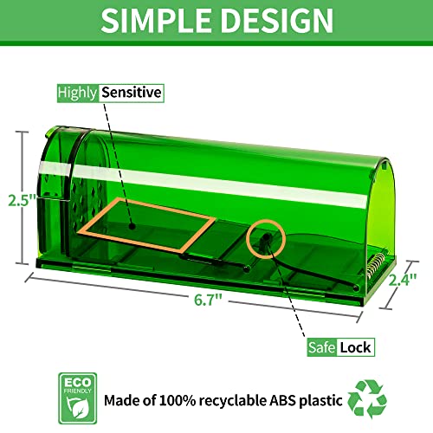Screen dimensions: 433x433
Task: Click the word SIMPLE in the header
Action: [x=156, y=20]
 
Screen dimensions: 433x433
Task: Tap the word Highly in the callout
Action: [x=77, y=94]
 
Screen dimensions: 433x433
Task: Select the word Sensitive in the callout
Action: [x=132, y=93]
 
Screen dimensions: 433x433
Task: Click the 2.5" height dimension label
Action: [x=23, y=200]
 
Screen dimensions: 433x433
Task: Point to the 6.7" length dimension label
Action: [x=208, y=300]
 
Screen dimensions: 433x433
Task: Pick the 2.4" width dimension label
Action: [x=403, y=280]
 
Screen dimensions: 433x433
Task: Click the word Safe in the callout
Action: [x=321, y=347]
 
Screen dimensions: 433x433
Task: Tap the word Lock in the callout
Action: [x=355, y=347]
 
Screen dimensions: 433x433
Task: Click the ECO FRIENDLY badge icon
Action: [x=78, y=398]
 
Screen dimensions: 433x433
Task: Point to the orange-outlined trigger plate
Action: [x=146, y=224]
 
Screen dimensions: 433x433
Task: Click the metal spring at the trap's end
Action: [x=374, y=265]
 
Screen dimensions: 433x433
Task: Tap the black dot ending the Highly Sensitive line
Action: [x=132, y=226]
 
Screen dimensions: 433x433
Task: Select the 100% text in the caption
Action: [x=178, y=400]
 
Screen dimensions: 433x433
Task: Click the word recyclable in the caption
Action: [x=233, y=401]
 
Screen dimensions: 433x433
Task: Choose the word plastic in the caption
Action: [x=320, y=401]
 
